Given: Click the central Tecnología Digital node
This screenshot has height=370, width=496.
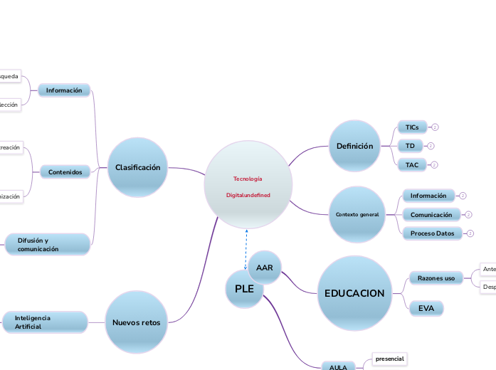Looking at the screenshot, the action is click(248, 185).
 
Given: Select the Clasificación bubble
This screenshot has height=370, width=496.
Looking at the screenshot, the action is click(137, 168).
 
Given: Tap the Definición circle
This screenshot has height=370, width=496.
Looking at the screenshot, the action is click(354, 147).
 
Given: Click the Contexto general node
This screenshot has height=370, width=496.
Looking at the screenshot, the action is click(357, 214).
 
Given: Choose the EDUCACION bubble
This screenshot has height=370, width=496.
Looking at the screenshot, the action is click(354, 293).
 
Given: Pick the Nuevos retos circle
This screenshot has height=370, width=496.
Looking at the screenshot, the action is click(137, 322).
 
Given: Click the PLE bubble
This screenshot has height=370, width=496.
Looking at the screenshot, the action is click(244, 289).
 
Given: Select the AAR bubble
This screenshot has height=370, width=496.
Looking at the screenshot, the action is click(265, 268).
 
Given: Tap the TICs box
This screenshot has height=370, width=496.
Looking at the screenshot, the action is click(412, 127).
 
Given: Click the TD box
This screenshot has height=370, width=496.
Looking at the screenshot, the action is click(410, 146).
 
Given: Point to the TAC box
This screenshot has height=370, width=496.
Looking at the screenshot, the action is click(412, 164).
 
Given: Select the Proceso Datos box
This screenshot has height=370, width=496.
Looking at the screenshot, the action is click(432, 233).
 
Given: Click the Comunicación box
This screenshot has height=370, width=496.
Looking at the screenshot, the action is click(431, 214).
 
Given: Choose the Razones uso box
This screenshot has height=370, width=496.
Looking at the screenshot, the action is click(436, 278).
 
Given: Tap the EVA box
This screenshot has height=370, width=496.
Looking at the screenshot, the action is click(426, 307).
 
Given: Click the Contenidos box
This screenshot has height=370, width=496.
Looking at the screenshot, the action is click(65, 171).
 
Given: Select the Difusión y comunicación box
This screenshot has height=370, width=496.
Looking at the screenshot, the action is click(48, 245).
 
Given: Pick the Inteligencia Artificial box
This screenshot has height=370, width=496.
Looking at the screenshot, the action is click(46, 322).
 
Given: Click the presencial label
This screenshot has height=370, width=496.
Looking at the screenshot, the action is click(389, 359).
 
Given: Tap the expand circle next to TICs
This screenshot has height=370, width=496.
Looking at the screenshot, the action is click(435, 127).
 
